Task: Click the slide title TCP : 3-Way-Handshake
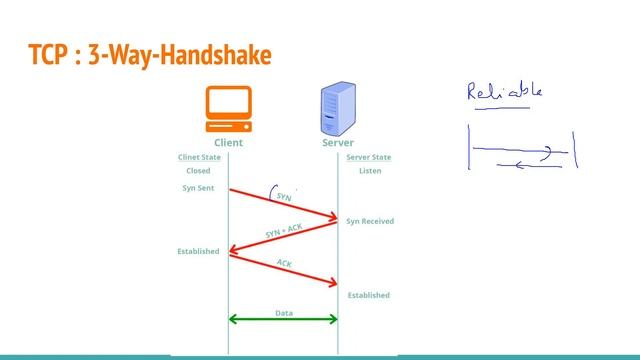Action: [x=149, y=55]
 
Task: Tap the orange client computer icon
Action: [x=228, y=109]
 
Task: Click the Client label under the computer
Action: [x=228, y=143]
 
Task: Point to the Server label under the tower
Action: [x=338, y=143]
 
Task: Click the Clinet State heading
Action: [x=199, y=157]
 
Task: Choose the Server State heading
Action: [x=368, y=157]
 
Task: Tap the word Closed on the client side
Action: [x=197, y=171]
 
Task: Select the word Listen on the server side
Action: [x=370, y=171]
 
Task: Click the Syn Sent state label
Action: [x=198, y=188]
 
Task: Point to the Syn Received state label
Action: [x=370, y=221]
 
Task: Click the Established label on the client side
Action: [x=198, y=251]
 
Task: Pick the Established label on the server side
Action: [x=369, y=295]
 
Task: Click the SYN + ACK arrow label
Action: [x=284, y=230]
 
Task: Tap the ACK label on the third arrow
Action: [x=284, y=263]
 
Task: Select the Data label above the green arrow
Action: [x=284, y=312]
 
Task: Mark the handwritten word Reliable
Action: [x=505, y=92]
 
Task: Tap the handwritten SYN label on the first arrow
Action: [x=283, y=194]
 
